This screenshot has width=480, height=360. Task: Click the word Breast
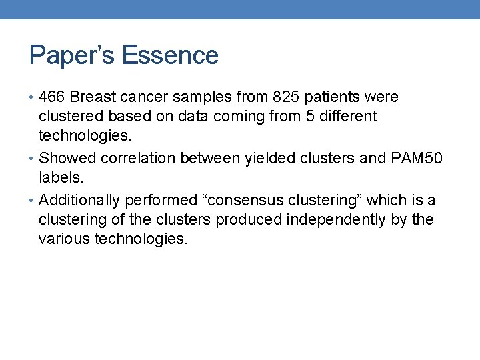(93, 97)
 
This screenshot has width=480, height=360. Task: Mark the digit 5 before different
(301, 117)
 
